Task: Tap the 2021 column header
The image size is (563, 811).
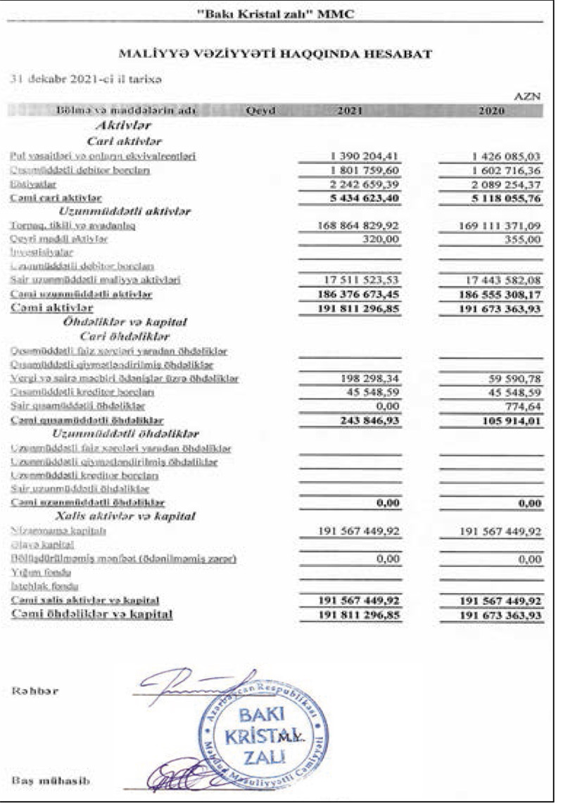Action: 350,110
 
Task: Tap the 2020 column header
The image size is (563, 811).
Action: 491,110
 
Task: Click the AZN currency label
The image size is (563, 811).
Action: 529,98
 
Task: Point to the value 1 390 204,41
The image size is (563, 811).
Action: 360,155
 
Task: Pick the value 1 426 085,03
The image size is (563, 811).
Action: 500,155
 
